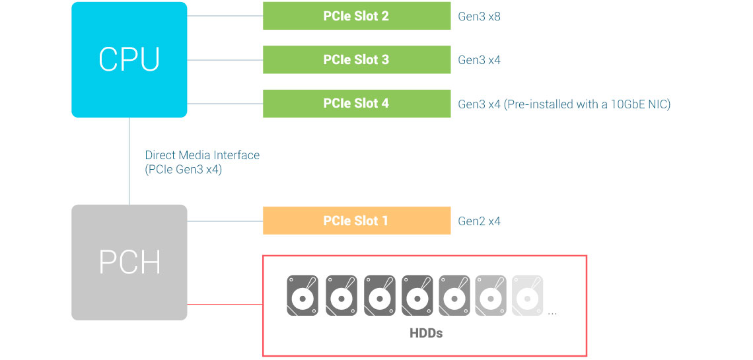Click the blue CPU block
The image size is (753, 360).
click(x=129, y=59)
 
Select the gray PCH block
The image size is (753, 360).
click(x=129, y=262)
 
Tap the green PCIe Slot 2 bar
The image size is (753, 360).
click(x=357, y=16)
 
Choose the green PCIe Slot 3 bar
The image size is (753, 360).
click(x=357, y=59)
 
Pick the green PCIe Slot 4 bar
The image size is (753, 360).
click(x=357, y=104)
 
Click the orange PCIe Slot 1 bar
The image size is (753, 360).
click(x=357, y=221)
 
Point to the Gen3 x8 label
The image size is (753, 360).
click(x=479, y=17)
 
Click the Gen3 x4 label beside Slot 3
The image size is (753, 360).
click(x=479, y=60)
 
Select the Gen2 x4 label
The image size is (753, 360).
click(x=479, y=221)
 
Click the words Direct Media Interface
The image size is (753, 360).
click(x=202, y=155)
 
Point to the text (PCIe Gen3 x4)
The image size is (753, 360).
click(x=184, y=169)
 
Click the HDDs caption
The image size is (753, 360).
click(x=426, y=333)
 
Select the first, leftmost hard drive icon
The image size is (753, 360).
click(x=303, y=295)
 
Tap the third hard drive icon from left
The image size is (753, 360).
click(x=379, y=295)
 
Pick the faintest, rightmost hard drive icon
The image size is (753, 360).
click(x=527, y=295)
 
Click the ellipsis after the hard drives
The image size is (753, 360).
click(x=552, y=312)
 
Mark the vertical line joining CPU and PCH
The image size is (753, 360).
click(x=129, y=161)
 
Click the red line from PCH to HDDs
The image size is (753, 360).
click(x=225, y=305)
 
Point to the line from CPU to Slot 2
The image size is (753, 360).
click(x=225, y=16)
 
